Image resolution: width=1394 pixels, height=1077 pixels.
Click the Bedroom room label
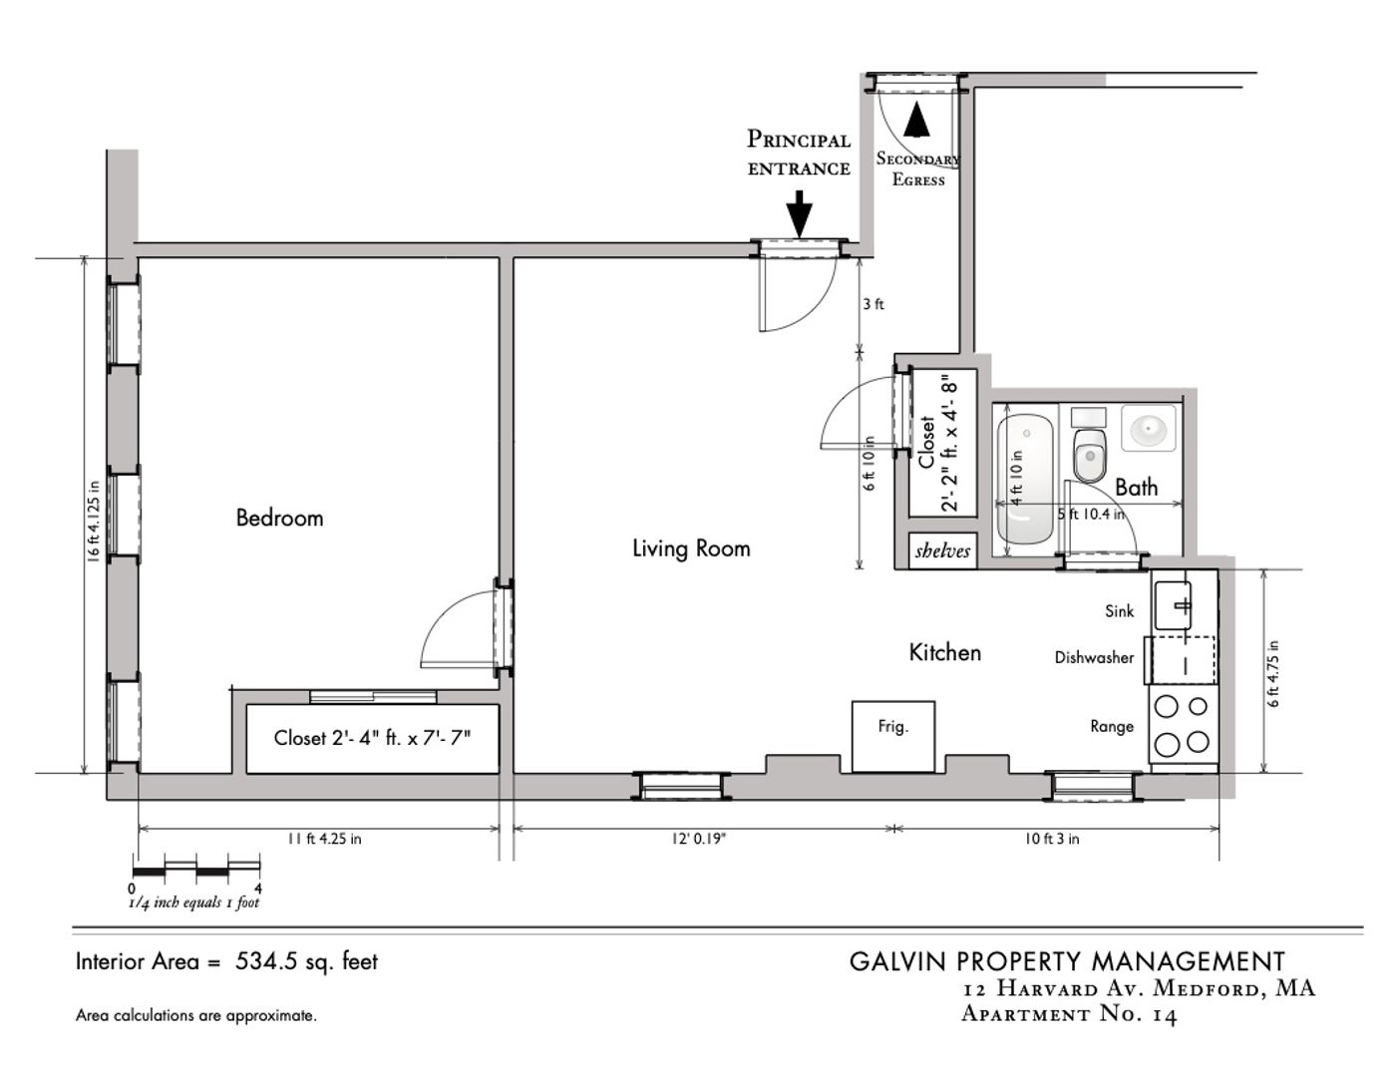279,518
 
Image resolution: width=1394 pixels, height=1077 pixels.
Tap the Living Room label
691,548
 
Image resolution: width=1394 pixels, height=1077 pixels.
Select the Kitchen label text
945,652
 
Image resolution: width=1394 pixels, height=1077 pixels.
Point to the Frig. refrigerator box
893,736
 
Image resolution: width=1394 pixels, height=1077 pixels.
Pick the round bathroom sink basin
1148,428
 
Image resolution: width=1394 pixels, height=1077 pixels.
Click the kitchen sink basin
1173,605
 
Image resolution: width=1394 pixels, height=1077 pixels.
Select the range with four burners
1183,724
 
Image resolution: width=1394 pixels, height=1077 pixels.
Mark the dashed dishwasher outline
1181,660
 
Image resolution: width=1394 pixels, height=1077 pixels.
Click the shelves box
942,550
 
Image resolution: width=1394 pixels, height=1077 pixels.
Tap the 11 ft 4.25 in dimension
324,839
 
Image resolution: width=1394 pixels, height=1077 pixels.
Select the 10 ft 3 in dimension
1051,839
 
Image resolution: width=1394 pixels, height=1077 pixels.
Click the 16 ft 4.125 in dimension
94,521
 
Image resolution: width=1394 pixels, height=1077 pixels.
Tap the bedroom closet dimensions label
372,738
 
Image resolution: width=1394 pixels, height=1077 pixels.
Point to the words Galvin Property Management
1067,961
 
